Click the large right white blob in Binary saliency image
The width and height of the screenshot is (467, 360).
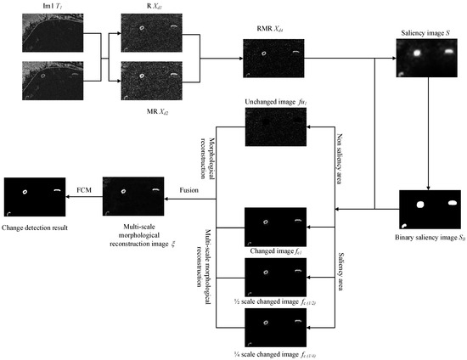(451, 203)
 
